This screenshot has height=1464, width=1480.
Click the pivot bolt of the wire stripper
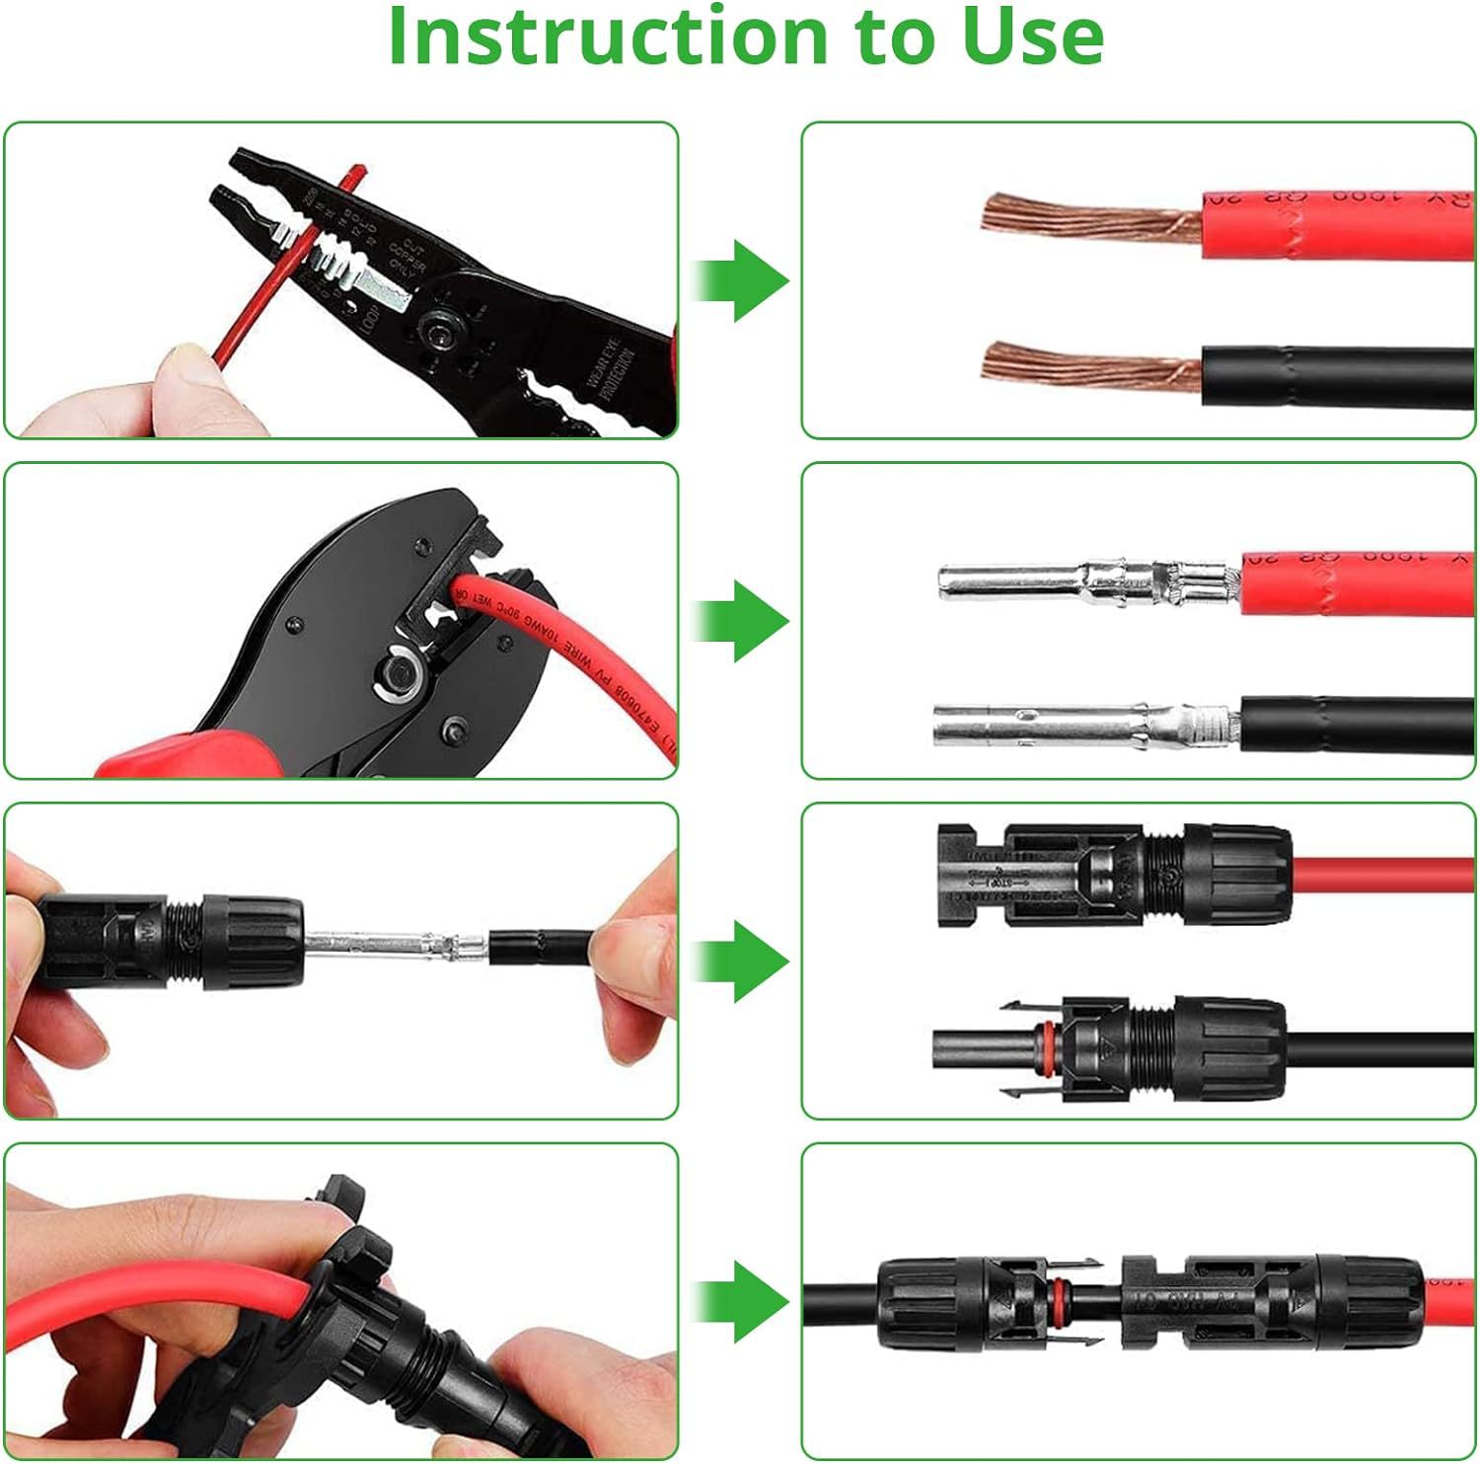(434, 330)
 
